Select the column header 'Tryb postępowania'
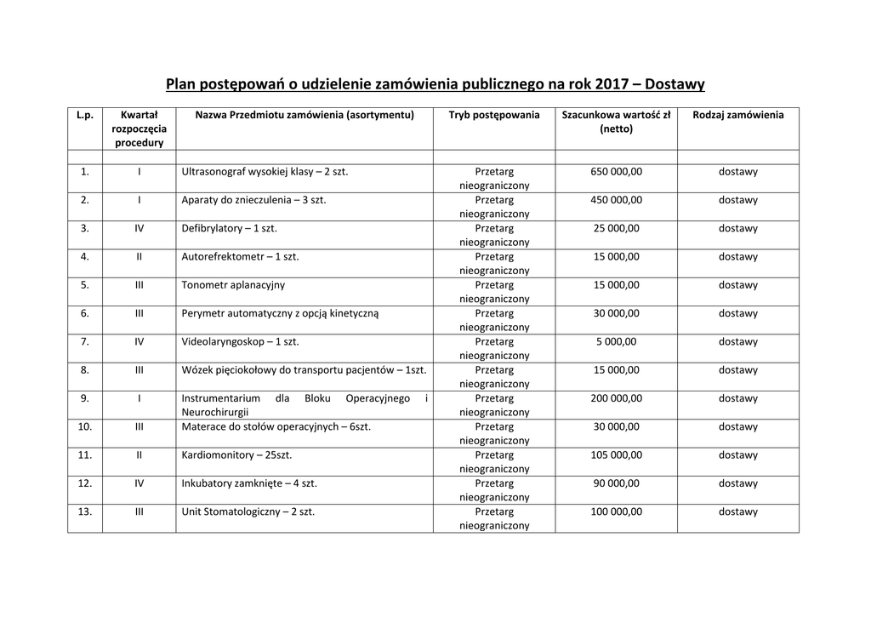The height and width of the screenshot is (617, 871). (494, 115)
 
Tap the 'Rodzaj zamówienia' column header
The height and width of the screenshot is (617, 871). (737, 115)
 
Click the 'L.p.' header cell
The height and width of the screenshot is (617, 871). (85, 115)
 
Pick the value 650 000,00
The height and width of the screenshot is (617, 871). (616, 172)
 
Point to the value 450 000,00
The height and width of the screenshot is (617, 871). (616, 200)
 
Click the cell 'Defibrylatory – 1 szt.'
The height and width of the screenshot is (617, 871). (230, 228)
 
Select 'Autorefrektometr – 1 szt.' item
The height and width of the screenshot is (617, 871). (240, 256)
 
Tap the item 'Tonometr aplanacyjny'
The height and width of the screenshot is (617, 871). (233, 285)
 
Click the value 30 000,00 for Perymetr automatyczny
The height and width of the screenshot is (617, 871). (616, 313)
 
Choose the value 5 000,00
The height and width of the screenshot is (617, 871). (616, 341)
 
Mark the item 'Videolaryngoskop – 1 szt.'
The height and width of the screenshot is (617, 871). (240, 341)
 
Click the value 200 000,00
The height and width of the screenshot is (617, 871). (616, 398)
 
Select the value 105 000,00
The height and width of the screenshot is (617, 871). (616, 455)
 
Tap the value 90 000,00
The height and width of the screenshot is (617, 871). (616, 483)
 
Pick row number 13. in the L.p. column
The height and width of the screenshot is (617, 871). (85, 511)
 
